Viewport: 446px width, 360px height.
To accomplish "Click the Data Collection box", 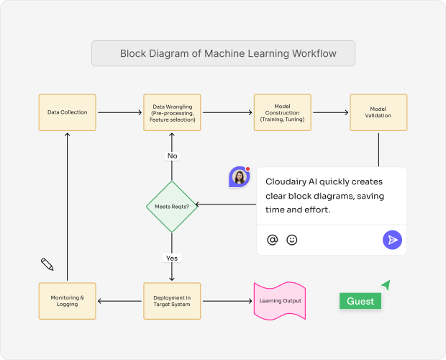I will (x=68, y=112).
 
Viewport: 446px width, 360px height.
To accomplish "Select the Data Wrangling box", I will (x=172, y=112).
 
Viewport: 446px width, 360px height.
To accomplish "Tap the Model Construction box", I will (x=283, y=112).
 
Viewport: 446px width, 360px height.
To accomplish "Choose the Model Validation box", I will (x=378, y=112).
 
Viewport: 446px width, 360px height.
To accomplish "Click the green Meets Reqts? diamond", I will (x=172, y=207).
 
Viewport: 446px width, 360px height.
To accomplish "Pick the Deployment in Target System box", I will (x=172, y=301).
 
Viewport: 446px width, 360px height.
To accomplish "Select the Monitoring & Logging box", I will (x=68, y=301).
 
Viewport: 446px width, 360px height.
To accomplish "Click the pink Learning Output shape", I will (x=281, y=301).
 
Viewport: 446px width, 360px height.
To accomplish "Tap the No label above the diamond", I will (x=172, y=156).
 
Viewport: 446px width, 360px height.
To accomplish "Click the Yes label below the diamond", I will (x=172, y=258).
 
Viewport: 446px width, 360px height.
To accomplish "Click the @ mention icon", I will (x=272, y=240).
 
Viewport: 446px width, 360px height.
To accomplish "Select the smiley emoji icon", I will (x=292, y=240).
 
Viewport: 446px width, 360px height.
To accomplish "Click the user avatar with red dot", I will (x=239, y=177).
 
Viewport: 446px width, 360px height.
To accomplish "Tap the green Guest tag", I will (x=360, y=301).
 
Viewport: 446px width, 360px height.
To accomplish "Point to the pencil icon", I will (x=47, y=264).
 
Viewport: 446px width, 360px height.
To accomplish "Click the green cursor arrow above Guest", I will (x=386, y=286).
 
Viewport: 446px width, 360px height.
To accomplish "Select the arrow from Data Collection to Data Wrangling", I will (x=119, y=112).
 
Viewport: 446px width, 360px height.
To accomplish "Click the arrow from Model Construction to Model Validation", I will (x=330, y=112).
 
